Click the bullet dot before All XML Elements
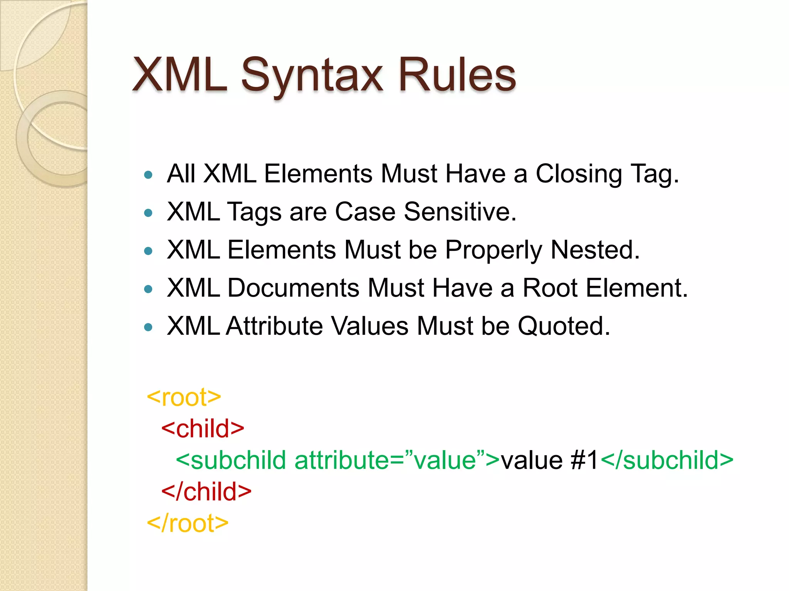point(148,175)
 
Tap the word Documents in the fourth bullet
point(293,288)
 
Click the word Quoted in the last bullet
point(563,326)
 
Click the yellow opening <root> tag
point(184,397)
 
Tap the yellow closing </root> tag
point(188,524)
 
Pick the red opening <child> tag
point(203,429)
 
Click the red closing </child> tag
point(206,492)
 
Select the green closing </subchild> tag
point(666,461)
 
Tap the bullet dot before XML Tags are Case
point(148,213)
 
